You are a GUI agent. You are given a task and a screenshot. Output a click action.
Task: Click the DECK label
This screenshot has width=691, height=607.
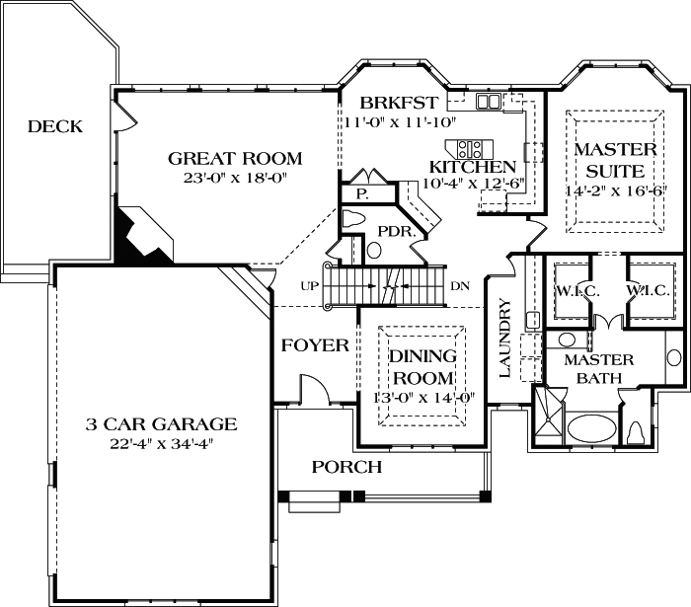pos(55,126)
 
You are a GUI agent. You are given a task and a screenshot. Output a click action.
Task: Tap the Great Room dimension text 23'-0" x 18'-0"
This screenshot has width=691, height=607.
pos(235,178)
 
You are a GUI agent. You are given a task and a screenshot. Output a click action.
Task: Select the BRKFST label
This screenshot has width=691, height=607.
pos(399,103)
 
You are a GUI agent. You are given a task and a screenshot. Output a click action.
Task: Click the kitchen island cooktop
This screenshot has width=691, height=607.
pos(469,148)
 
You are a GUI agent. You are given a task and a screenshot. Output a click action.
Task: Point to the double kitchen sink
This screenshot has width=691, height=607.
pos(488,102)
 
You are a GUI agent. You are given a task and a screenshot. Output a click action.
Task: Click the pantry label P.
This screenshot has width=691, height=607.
pos(362,193)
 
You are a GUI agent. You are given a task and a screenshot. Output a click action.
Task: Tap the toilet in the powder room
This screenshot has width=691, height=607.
pos(353,219)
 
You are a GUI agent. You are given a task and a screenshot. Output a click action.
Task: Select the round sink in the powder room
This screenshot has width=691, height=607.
pos(374,250)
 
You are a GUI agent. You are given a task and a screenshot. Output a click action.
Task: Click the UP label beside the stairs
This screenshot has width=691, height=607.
pos(309,286)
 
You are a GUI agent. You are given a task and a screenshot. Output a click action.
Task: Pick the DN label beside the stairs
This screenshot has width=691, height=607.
pos(460,286)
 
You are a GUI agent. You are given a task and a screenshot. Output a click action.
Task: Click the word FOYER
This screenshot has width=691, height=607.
pos(315,345)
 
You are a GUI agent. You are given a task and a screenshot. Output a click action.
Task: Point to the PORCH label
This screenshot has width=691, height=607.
pos(346,467)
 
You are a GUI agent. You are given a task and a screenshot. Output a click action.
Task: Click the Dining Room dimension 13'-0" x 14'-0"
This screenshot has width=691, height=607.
pos(423,398)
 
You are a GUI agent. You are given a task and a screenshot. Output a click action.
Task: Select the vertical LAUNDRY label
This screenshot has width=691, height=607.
pos(505,338)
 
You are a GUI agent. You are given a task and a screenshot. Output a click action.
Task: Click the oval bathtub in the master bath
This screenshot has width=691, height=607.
pos(591,427)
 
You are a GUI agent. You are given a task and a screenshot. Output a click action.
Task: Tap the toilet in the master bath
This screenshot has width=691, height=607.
pos(636,432)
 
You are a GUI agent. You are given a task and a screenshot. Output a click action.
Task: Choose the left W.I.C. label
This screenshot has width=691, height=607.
pos(577,291)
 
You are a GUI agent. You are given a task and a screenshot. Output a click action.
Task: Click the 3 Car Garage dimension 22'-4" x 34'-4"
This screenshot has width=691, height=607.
pos(161,443)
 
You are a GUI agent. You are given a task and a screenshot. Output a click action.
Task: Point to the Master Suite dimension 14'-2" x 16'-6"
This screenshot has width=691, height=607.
pos(616,190)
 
